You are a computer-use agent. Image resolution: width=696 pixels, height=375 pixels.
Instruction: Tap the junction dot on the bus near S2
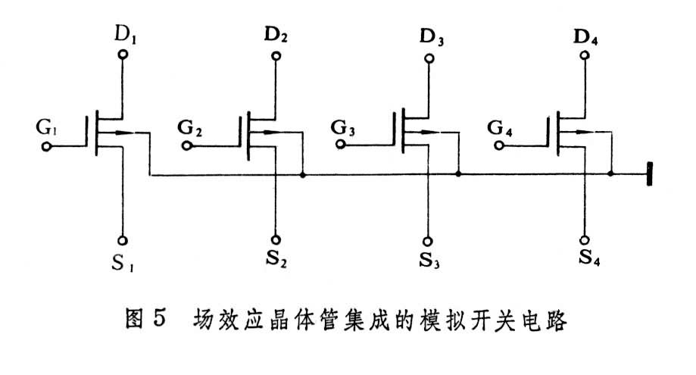(303, 176)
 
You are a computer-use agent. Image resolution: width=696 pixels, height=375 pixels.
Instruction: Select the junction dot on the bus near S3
(457, 175)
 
